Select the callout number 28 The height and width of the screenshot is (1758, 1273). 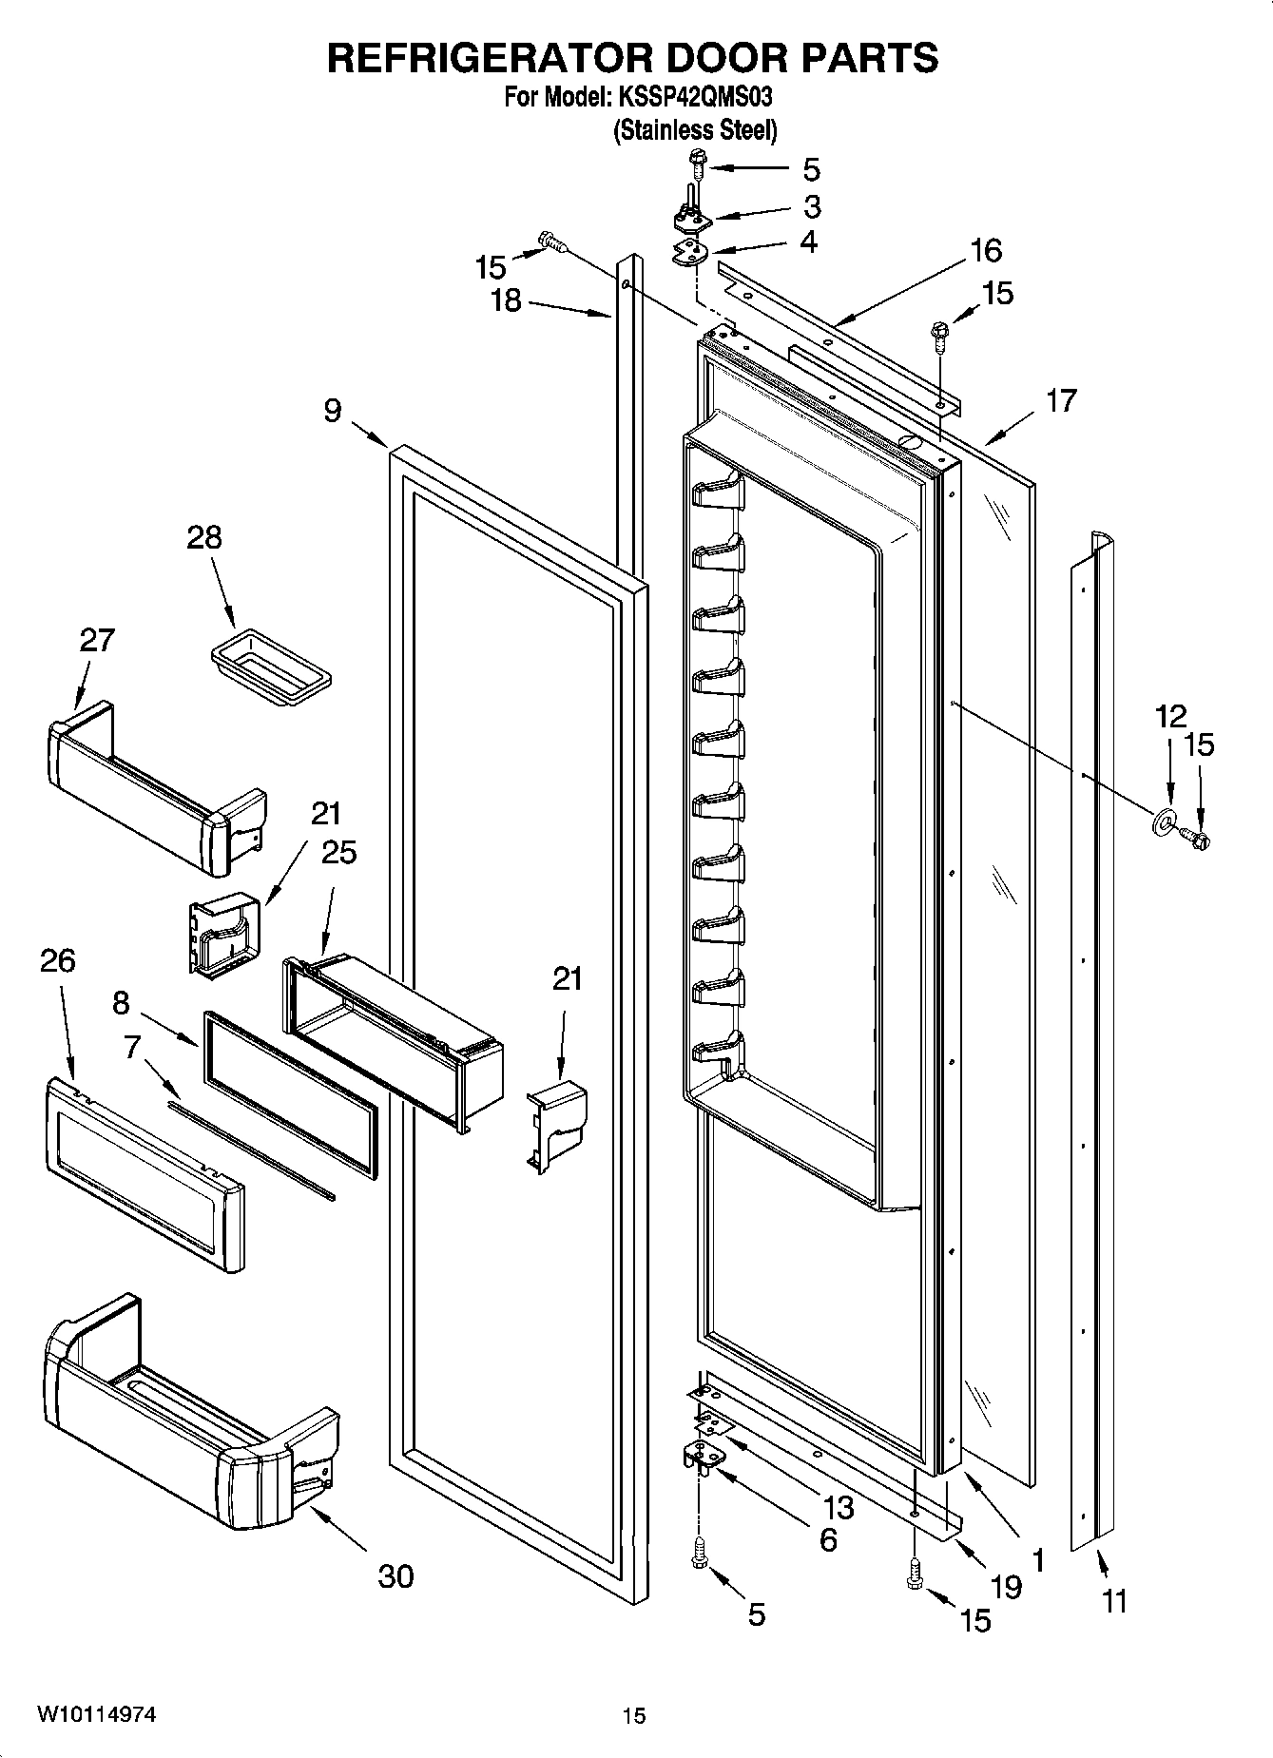point(204,537)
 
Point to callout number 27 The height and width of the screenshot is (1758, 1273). point(97,640)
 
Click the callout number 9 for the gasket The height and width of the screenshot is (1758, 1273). point(332,411)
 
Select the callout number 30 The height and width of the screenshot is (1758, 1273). point(395,1575)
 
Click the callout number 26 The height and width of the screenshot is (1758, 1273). point(57,960)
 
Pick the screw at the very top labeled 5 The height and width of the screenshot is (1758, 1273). point(698,163)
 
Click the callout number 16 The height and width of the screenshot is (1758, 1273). point(986,250)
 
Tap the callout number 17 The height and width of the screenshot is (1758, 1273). point(1061,400)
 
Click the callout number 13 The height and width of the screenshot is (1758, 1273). point(839,1507)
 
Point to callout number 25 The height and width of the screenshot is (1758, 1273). point(338,852)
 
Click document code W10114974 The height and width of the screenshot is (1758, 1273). point(97,1714)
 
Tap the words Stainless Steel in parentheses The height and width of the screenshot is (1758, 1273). point(695,130)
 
